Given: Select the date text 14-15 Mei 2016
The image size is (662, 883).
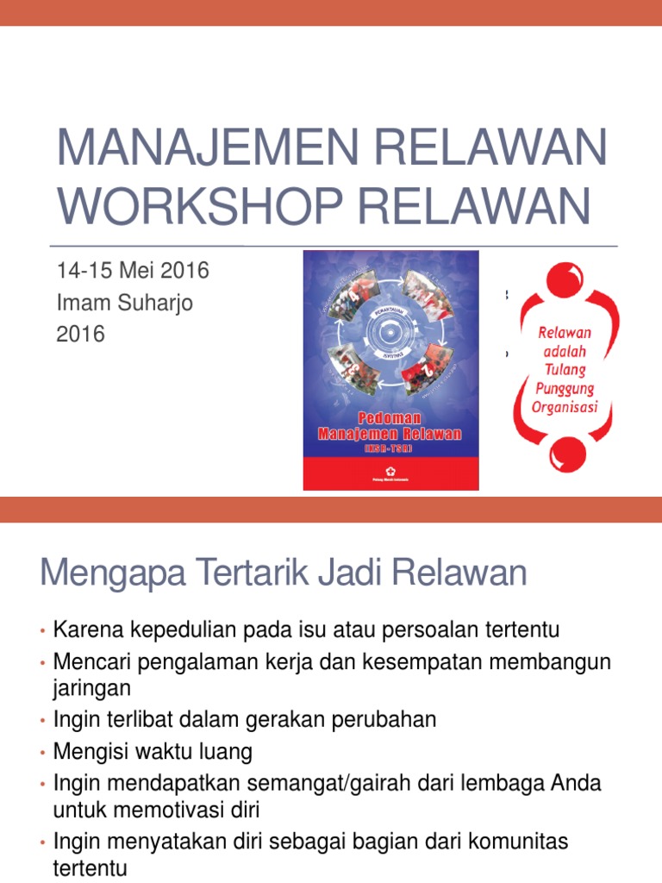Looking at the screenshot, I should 132,271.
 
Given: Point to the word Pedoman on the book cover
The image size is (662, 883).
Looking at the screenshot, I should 390,416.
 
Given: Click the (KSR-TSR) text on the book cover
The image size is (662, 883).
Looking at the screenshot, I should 390,448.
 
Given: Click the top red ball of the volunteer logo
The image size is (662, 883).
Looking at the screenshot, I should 563,292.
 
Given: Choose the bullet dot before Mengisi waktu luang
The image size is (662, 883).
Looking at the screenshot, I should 41,754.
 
